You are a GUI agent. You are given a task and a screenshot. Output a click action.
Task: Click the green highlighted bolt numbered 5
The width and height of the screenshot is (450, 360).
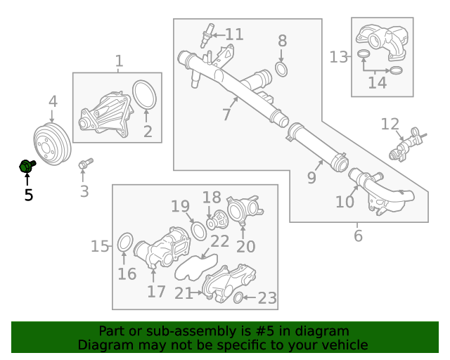coord(27,167)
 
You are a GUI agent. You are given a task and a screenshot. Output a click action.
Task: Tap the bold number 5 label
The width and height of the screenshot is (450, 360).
coord(28,195)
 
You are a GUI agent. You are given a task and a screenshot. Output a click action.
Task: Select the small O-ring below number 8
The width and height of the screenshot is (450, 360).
coord(281,69)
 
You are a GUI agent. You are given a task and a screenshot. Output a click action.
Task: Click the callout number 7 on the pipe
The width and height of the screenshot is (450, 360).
coord(226,114)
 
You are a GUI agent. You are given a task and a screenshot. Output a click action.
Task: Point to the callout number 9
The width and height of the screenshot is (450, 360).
coord(312,178)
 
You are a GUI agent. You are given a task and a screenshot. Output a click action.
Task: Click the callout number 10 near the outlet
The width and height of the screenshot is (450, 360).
coord(345,202)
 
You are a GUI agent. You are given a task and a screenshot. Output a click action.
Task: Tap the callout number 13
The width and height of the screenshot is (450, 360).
coord(339,56)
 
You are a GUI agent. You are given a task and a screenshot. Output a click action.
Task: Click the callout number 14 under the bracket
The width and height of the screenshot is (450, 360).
coord(377,83)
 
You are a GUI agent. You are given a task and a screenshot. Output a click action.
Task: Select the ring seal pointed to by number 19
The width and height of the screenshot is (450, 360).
coord(198,231)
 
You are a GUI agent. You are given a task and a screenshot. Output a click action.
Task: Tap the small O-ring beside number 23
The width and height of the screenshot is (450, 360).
coord(238,298)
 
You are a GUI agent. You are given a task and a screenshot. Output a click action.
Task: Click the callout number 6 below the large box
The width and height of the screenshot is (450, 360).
coord(358,236)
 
